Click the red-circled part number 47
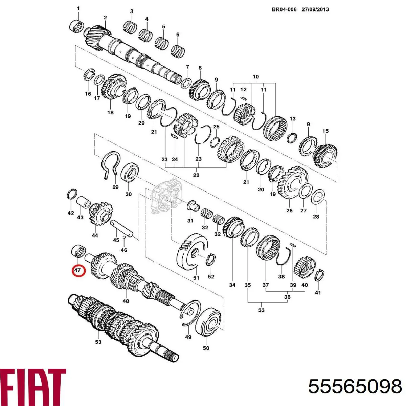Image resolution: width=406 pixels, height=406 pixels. (x=78, y=270)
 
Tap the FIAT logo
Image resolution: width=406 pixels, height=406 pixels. (x=33, y=386)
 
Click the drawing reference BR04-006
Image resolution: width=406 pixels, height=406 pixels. (x=284, y=9)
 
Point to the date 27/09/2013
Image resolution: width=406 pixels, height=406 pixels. (x=315, y=9)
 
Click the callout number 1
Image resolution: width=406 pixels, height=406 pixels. (x=78, y=8)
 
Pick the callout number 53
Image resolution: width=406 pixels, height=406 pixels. (x=98, y=342)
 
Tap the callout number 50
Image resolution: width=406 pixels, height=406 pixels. (x=206, y=348)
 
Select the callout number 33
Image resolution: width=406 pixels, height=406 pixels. (x=261, y=310)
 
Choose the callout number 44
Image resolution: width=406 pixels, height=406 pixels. (x=95, y=235)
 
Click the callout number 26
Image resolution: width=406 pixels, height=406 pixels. (x=289, y=211)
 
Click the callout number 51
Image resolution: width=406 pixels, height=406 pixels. (x=196, y=278)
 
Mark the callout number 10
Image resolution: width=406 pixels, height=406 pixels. (x=255, y=77)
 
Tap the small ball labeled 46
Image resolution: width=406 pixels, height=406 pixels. (x=125, y=238)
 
